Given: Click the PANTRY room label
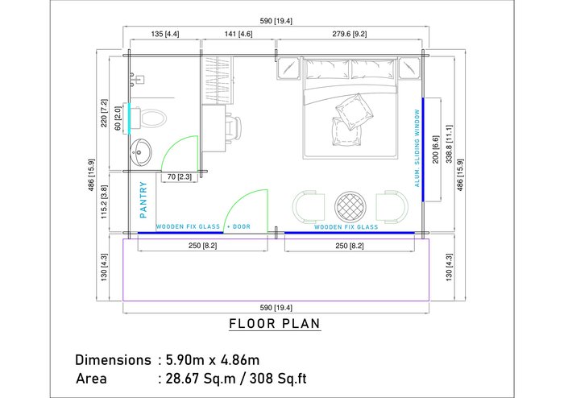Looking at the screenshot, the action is coord(143,200).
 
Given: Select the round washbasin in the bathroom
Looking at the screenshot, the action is coord(141,152).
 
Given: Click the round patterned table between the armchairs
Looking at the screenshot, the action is coord(350,207).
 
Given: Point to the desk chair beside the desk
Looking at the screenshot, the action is coord(233,129).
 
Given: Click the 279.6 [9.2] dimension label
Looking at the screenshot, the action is coord(349,34).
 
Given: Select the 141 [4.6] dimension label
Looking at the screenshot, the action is coord(238,34).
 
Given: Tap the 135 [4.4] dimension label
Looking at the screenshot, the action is coord(165,34).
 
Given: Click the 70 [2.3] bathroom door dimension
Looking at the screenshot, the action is coord(179,177).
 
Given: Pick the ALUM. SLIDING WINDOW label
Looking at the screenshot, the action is coord(417,148).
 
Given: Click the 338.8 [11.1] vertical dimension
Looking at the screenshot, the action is coord(450,144).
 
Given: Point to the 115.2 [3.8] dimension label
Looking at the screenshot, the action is coord(104,202).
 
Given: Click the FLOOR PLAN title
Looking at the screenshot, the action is coord(275,324).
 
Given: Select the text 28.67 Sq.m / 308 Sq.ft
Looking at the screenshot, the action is coord(236,378).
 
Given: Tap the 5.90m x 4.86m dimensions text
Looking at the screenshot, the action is coord(213,360).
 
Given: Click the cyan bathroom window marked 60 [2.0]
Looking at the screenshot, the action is coord(129,119).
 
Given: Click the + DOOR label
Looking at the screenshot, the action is coord(238,227).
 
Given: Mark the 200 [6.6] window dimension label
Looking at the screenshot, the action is coord(436,149).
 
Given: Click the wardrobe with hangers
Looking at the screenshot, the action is coord(218,81).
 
